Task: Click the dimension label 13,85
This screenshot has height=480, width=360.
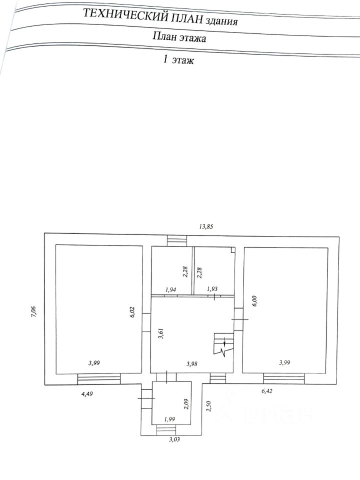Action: tap(206, 226)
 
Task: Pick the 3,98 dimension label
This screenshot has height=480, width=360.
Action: tap(192, 363)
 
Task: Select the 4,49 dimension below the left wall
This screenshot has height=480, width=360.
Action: tap(87, 393)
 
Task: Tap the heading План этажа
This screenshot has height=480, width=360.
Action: tap(179, 37)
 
